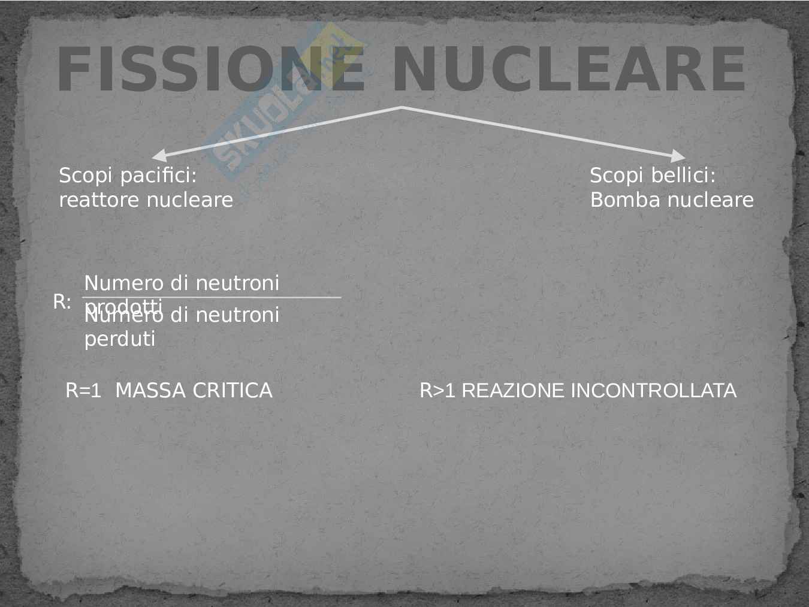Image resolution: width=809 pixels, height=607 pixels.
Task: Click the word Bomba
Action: tap(618, 200)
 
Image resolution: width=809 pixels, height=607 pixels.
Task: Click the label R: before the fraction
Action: tap(62, 302)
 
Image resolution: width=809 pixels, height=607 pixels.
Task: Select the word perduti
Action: tap(119, 339)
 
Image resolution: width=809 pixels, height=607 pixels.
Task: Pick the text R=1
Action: tap(83, 391)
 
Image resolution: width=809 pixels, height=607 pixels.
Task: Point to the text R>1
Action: tap(437, 391)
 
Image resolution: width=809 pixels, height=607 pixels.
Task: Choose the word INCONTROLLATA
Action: tap(653, 391)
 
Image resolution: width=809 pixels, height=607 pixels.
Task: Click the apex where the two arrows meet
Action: tap(401, 107)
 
